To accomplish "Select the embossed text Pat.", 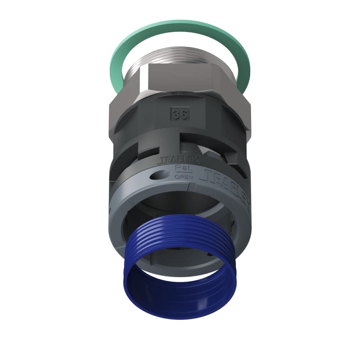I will [184, 168].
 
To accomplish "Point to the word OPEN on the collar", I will [184, 177].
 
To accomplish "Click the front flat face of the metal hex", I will [180, 76].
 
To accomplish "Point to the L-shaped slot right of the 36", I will [211, 135].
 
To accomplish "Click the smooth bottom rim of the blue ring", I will [180, 310].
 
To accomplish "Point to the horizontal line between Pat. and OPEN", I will [184, 173].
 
